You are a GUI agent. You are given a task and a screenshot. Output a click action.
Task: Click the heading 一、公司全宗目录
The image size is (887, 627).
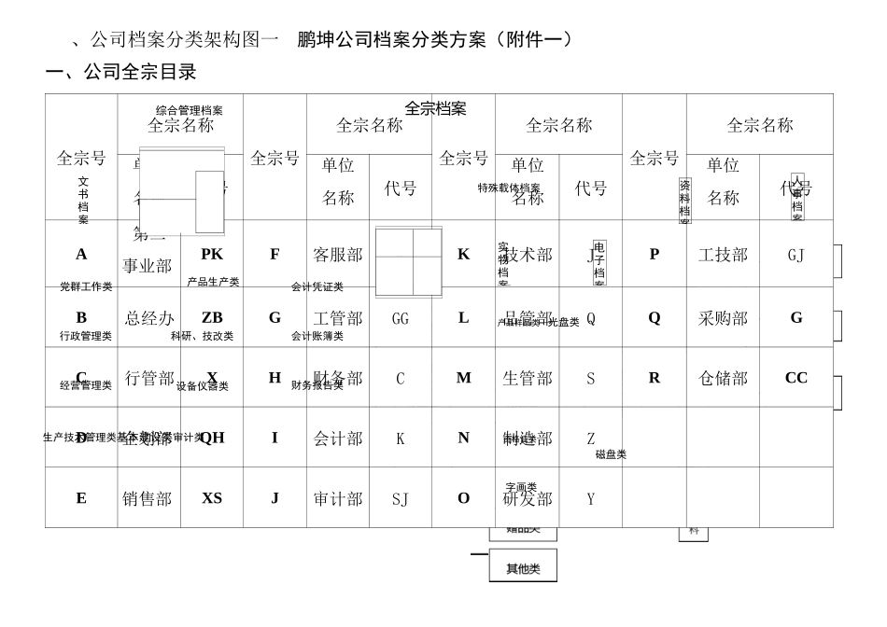(x=121, y=73)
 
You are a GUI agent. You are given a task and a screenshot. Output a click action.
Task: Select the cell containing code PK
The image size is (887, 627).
(x=212, y=254)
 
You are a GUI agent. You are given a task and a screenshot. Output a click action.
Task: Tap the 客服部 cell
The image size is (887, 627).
(x=337, y=255)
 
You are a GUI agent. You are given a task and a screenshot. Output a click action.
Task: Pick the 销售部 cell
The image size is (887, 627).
(x=148, y=498)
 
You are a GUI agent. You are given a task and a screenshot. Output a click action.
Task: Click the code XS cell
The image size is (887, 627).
(x=212, y=498)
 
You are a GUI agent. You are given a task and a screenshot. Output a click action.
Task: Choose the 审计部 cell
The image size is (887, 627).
(x=337, y=498)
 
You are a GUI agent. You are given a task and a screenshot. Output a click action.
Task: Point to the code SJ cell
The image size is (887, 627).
(x=401, y=499)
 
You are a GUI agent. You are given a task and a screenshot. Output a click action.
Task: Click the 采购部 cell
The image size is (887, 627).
(x=723, y=318)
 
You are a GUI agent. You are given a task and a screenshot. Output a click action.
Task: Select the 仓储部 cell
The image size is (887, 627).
(x=723, y=378)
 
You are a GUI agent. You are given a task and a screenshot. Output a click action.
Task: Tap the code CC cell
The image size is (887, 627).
(x=796, y=378)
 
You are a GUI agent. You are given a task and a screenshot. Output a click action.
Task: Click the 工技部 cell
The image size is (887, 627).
(x=723, y=255)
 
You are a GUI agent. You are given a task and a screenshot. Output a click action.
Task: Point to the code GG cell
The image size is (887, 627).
(x=401, y=318)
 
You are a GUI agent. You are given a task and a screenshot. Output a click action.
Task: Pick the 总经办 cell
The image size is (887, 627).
(x=149, y=318)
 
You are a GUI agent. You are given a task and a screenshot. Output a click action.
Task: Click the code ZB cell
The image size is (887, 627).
(x=212, y=318)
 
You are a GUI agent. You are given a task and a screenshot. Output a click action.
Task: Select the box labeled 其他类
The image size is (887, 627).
(x=523, y=568)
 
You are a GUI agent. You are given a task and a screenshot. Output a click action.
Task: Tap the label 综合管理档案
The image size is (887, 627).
(x=190, y=110)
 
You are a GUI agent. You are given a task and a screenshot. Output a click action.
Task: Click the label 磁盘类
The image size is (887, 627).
(x=611, y=454)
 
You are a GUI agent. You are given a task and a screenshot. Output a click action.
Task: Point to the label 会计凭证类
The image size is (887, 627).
(x=317, y=287)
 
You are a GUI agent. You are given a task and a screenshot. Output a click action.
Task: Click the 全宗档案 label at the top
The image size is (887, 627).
(x=435, y=108)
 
